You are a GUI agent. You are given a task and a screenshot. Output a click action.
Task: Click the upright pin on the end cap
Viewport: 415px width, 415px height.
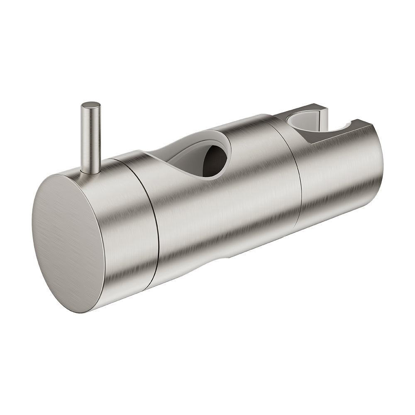coord(90,137)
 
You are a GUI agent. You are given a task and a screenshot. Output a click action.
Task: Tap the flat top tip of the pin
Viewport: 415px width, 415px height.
coord(90,105)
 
